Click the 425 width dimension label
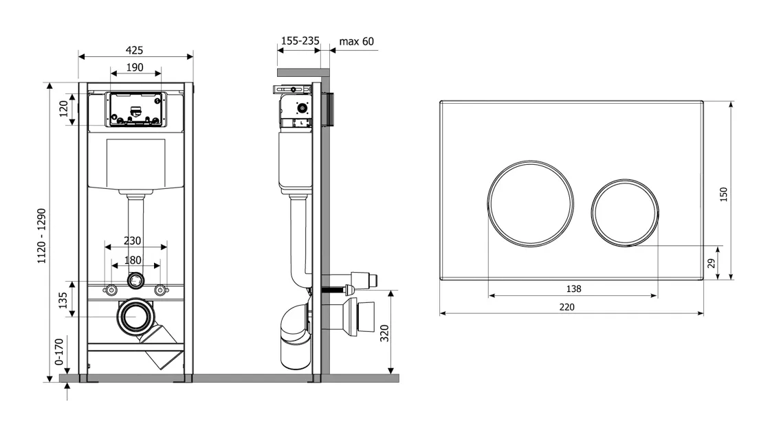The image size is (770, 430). click(x=134, y=50)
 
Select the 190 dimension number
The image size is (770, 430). click(x=135, y=67)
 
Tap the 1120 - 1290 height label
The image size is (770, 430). click(x=42, y=236)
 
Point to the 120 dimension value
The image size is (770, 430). click(x=64, y=109)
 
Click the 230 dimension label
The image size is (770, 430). click(x=132, y=240)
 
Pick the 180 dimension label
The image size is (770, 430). click(x=133, y=260)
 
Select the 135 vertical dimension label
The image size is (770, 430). click(x=63, y=300)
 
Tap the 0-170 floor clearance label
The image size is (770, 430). click(x=59, y=352)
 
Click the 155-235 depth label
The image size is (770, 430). click(x=300, y=41)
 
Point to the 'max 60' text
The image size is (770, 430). click(x=357, y=41)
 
